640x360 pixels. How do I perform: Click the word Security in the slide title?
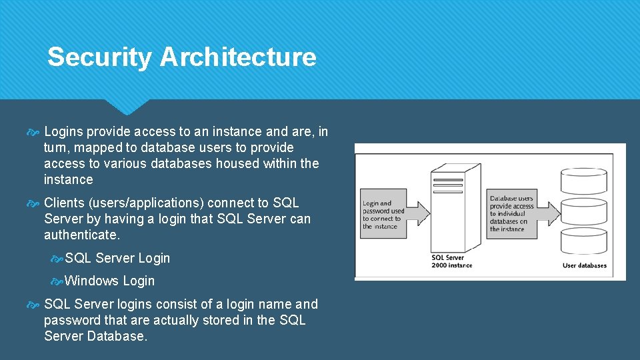(99, 57)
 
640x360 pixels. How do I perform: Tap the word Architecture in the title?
(238, 57)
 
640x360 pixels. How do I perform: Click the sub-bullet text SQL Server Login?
(117, 258)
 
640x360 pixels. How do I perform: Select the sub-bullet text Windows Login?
(110, 281)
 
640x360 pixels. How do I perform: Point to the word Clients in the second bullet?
(65, 203)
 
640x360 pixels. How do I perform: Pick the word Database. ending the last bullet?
(119, 336)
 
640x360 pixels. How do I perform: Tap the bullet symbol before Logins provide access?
(35, 132)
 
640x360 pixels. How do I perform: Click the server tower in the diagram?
(456, 207)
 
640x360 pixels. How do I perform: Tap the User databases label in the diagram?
(585, 265)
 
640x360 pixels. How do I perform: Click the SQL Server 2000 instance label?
(451, 261)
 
